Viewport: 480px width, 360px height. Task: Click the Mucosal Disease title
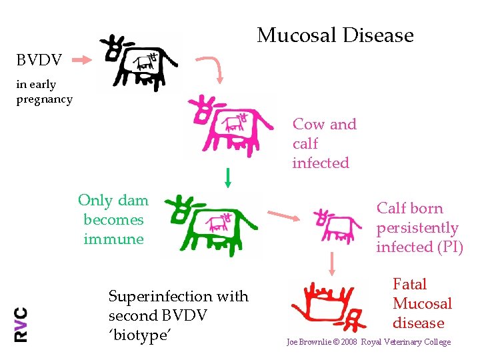(335, 35)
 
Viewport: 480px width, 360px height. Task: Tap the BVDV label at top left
(39, 61)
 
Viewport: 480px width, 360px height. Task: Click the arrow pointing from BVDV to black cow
(82, 61)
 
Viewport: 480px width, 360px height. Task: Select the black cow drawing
(139, 63)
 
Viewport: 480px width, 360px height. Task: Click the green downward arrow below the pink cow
(228, 177)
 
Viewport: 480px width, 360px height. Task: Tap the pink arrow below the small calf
(331, 263)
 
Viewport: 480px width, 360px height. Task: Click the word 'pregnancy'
(44, 99)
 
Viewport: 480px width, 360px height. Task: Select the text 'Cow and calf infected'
(324, 143)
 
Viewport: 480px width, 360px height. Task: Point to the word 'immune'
(113, 239)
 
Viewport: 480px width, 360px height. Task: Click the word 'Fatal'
(409, 284)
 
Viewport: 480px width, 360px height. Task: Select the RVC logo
(21, 324)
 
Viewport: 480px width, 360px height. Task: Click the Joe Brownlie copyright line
(368, 342)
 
